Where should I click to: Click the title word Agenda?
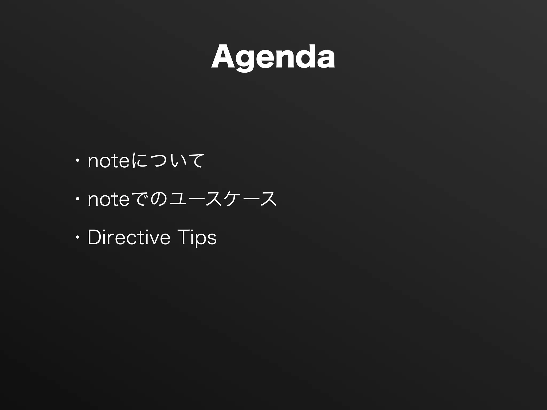(x=273, y=57)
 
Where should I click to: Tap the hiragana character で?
(x=140, y=199)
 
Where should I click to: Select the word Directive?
(x=129, y=237)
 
